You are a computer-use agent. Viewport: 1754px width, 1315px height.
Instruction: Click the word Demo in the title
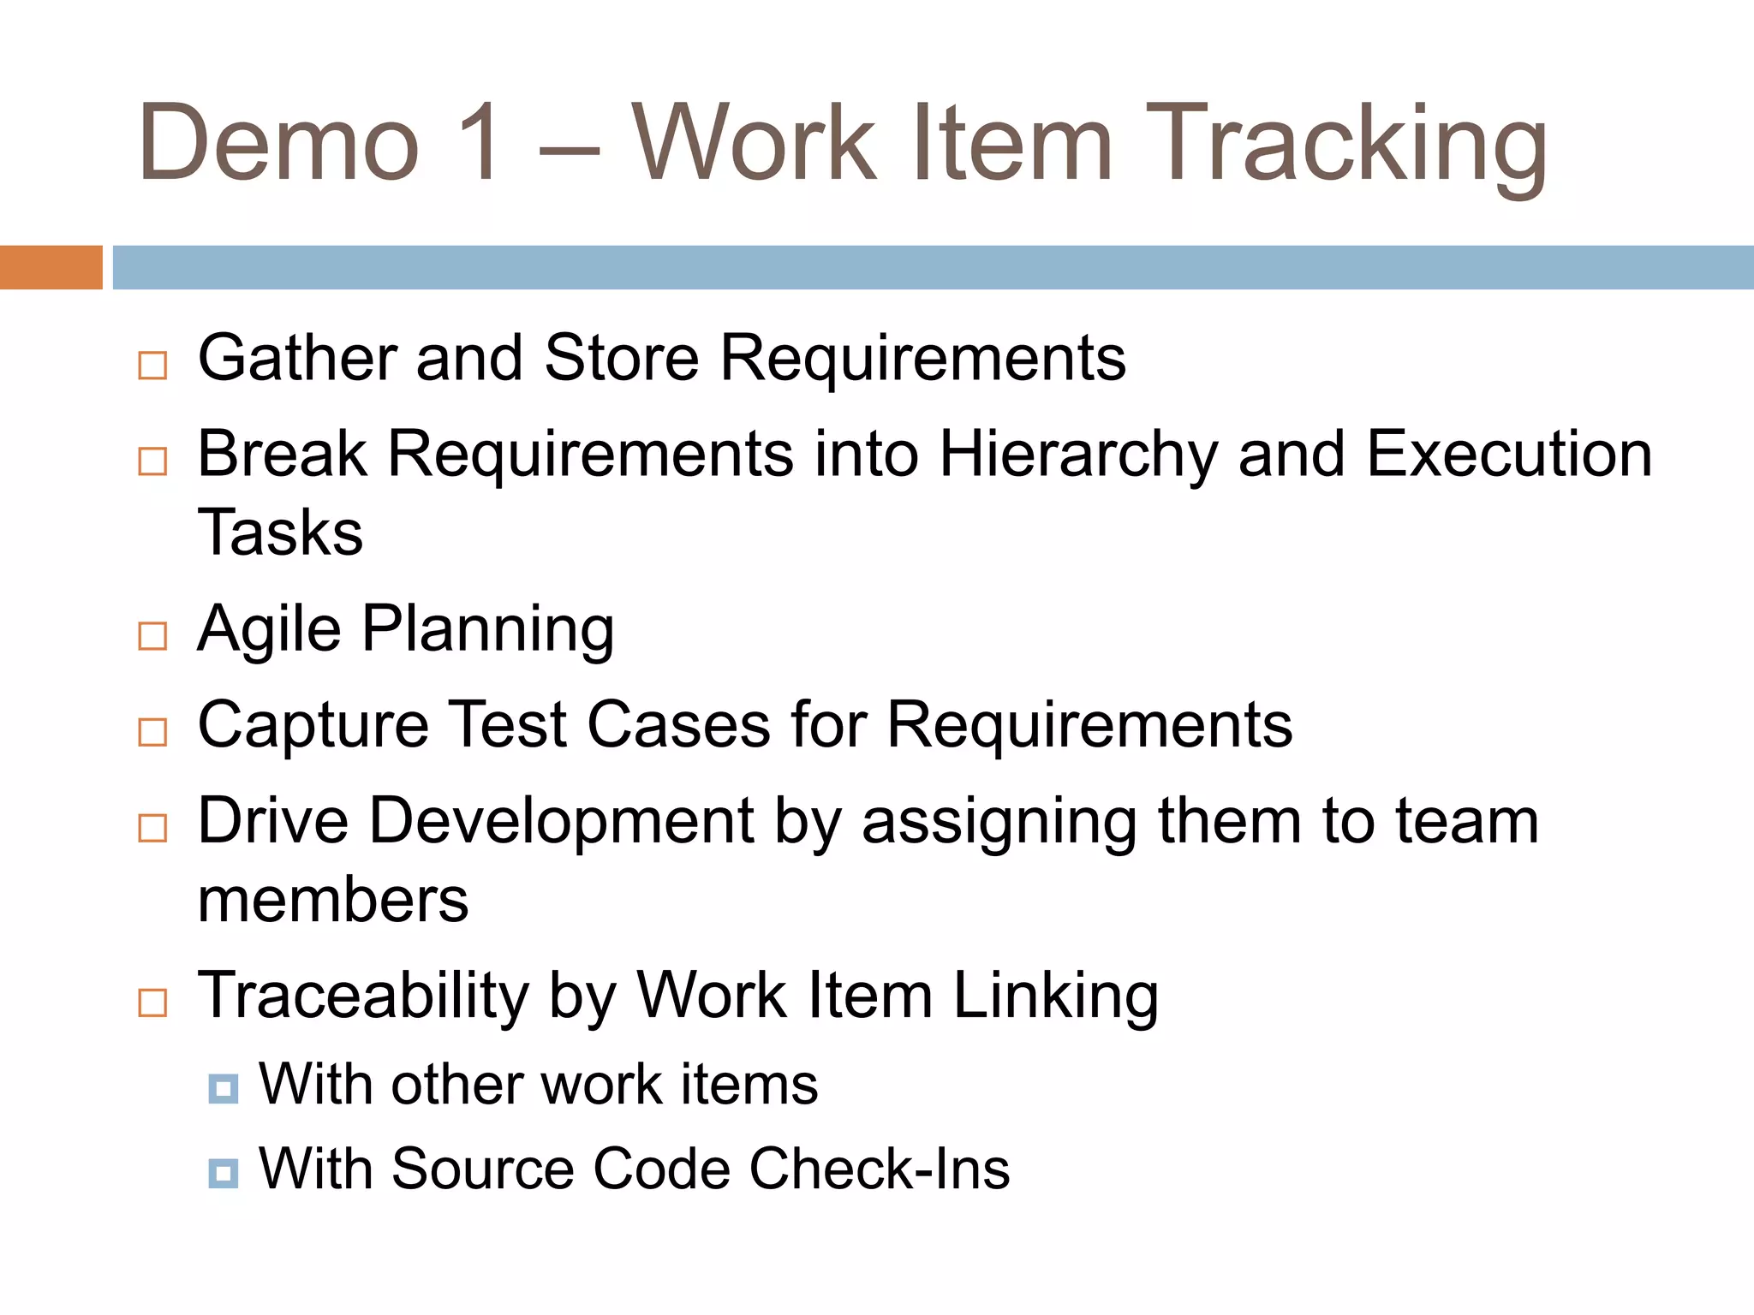[279, 143]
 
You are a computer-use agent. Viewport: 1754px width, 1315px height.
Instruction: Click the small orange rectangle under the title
[51, 267]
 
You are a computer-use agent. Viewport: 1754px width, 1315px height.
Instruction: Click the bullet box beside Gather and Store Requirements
[152, 366]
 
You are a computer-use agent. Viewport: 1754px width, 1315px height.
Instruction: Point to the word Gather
[296, 358]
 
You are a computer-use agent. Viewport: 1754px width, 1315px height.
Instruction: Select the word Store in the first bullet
[621, 358]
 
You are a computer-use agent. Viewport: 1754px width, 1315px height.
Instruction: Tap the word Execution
[1508, 454]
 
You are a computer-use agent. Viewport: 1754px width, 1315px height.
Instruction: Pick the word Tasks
[280, 533]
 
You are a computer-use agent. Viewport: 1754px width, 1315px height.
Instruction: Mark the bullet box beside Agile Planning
[152, 636]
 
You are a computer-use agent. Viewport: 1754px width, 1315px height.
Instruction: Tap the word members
[333, 901]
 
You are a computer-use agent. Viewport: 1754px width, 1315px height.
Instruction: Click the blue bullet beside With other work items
[224, 1089]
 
